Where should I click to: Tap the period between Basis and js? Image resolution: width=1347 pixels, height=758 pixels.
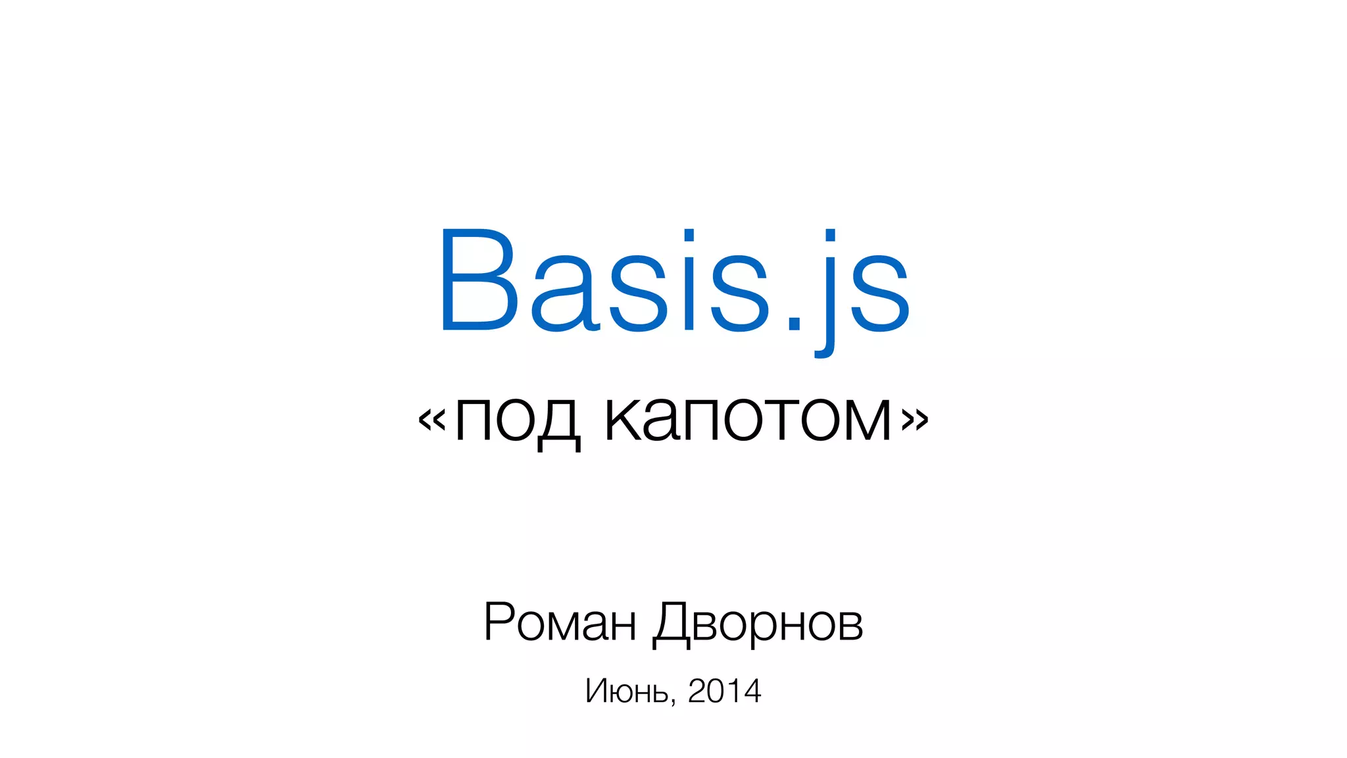pos(795,322)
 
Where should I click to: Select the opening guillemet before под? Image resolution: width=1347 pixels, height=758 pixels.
pos(432,419)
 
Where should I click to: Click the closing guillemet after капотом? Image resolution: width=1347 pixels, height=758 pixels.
pos(915,419)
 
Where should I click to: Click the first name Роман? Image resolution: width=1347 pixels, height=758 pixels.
pos(560,622)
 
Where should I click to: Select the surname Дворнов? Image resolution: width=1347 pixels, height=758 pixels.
pos(758,623)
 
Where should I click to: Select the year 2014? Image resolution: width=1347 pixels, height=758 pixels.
pos(724,691)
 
